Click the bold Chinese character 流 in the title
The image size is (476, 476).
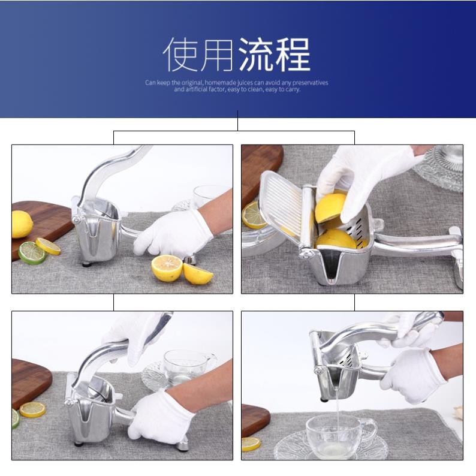coord(256,55)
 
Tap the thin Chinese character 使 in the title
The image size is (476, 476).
coord(181,55)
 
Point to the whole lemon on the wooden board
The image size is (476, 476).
coord(22,224)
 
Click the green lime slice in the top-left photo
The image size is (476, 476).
coord(32,252)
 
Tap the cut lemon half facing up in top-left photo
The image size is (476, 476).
coord(167,268)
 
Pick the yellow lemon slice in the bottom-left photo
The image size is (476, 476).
coord(32,409)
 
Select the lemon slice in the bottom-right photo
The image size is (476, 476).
coord(251,444)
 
